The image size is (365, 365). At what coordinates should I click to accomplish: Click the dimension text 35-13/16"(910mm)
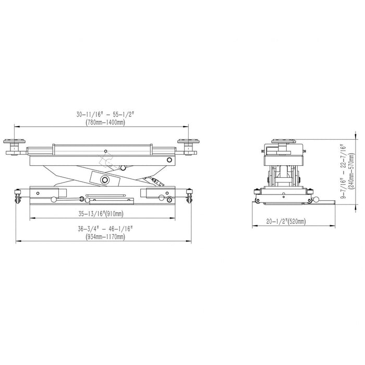pos(101,213)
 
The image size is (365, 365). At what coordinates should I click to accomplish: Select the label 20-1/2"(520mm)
pos(286,221)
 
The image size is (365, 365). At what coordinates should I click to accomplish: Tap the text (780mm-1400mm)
pos(105,122)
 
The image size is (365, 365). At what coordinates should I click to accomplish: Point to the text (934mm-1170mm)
pos(105,237)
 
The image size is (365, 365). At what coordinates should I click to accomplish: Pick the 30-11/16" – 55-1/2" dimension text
pos(105,114)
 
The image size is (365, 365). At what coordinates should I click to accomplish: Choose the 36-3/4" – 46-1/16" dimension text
pos(105,229)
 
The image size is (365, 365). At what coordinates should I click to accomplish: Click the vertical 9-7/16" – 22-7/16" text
pos(343,172)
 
